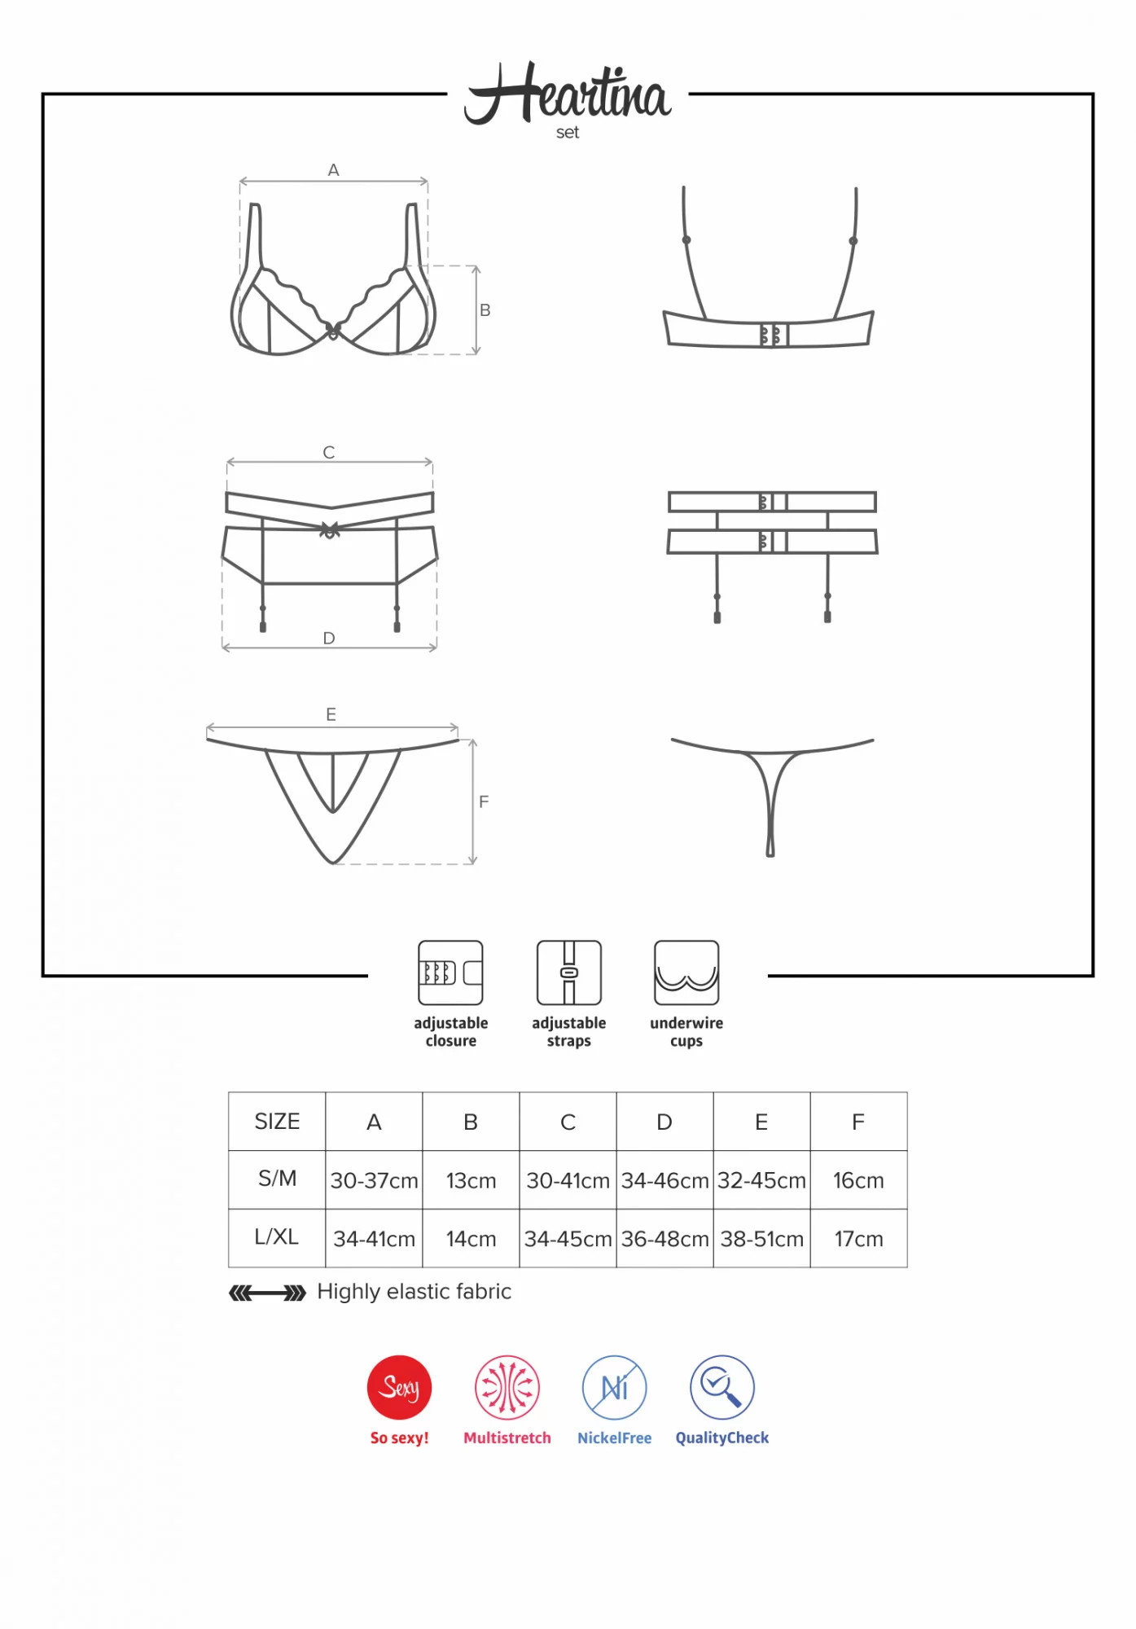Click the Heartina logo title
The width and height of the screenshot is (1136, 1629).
pos(568,95)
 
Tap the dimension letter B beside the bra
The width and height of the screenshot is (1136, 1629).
pos(485,310)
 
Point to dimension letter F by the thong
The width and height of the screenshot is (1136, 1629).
pos(484,802)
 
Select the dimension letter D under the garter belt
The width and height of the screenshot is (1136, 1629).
pos(329,639)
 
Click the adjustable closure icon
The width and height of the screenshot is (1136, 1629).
pos(450,973)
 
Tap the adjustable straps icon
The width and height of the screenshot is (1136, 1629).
pos(568,973)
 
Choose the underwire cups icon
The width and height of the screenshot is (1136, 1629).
pos(686,973)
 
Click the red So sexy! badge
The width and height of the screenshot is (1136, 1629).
pos(399,1388)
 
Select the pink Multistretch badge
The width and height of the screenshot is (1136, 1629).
pos(507,1388)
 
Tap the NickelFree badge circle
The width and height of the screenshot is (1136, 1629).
pos(615,1388)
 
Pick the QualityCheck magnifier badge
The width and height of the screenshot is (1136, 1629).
pos(722,1388)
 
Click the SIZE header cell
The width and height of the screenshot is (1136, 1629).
pos(277,1122)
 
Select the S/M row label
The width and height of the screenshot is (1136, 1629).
pos(277,1179)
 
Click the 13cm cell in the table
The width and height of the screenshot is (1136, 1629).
pos(471,1180)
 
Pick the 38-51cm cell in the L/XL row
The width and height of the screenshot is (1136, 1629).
pos(761,1239)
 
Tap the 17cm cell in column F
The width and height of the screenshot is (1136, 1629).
pos(858,1239)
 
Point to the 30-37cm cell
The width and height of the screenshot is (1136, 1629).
pos(374,1180)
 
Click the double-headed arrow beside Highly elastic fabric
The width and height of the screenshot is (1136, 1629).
pos(267,1293)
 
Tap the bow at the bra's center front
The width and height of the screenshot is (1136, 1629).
pos(333,331)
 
